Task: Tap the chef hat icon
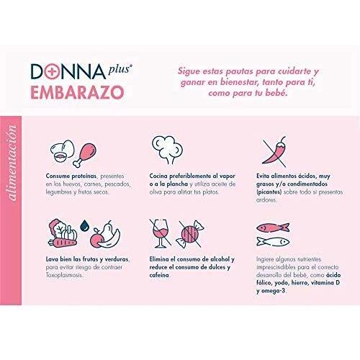tap(169, 148)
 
